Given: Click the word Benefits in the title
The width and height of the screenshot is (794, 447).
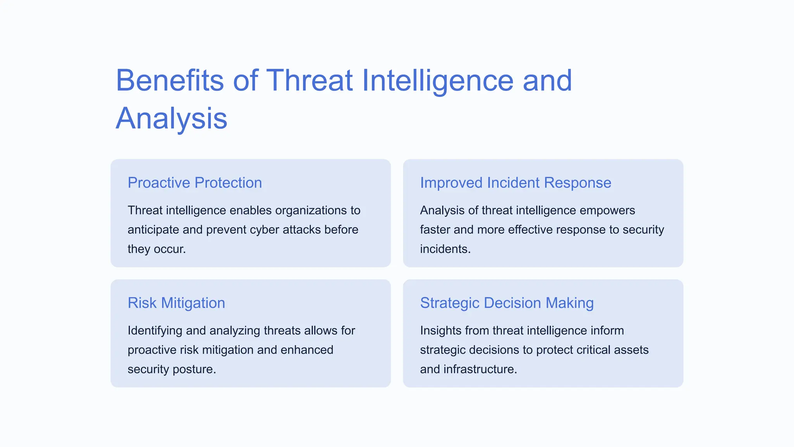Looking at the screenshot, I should pos(169,80).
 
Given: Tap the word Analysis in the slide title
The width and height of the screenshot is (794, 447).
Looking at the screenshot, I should pos(171,118).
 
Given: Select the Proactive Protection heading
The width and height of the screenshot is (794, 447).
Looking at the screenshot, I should pos(195,183).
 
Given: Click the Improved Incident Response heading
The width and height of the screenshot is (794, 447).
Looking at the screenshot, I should pos(515,183).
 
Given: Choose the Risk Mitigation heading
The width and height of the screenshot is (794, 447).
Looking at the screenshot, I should pos(176,303).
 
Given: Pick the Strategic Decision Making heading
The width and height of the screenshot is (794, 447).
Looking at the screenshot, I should pos(507,303).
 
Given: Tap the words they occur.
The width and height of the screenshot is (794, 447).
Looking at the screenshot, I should pos(157,249).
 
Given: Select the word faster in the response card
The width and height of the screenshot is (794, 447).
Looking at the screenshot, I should pos(435,230).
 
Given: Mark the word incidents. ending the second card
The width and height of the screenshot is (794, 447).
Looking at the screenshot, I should pos(445,249).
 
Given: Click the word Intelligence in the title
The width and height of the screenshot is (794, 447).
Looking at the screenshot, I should pos(437,80).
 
